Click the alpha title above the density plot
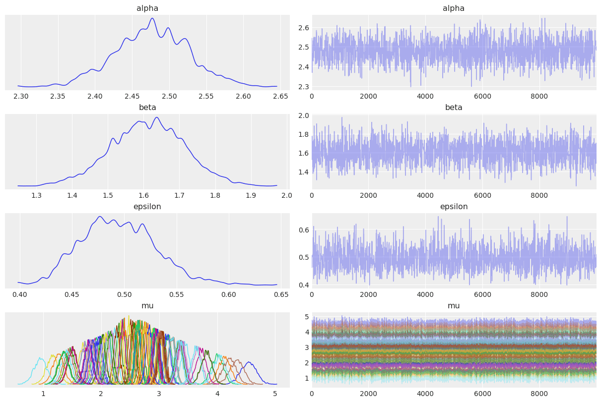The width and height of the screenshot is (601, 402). [x=147, y=8]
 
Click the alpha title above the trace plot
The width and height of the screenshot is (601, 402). [x=454, y=8]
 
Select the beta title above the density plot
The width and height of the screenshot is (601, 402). [x=147, y=108]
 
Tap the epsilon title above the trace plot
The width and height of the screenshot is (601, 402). [x=454, y=207]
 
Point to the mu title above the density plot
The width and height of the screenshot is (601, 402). [x=147, y=306]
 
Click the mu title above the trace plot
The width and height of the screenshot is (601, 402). [x=454, y=306]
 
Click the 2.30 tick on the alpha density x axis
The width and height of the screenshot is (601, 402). [x=20, y=96]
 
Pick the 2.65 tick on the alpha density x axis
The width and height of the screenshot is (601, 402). [x=280, y=96]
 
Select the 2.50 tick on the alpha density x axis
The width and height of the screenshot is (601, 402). [x=169, y=96]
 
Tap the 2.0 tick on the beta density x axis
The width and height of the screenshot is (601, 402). [x=287, y=195]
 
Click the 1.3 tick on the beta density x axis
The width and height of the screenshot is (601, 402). [x=36, y=195]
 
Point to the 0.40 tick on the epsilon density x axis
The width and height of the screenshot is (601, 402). [x=20, y=294]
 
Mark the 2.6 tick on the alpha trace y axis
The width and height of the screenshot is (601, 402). [x=303, y=27]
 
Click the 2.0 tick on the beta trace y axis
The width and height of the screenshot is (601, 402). [x=303, y=115]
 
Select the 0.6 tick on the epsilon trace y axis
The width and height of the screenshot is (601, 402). [x=303, y=230]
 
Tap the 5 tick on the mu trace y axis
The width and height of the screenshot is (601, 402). [x=306, y=317]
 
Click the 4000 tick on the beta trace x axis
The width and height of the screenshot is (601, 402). [x=425, y=195]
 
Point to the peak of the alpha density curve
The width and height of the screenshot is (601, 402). [x=152, y=18]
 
